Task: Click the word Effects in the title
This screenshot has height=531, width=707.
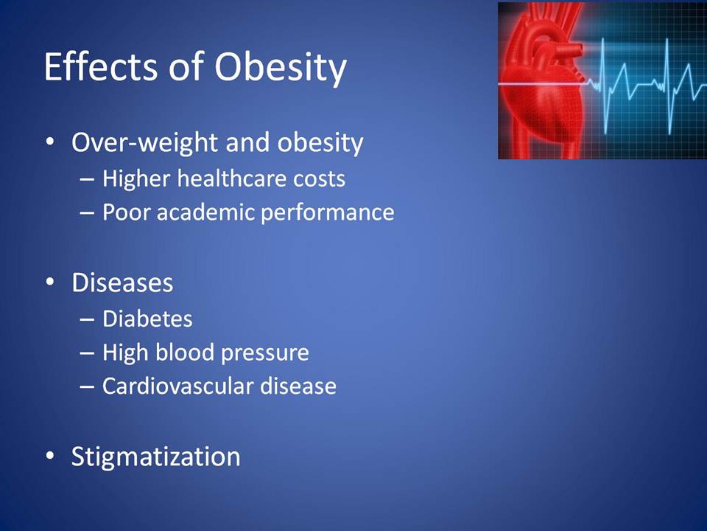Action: (x=101, y=67)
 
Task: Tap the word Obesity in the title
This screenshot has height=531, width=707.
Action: (x=281, y=68)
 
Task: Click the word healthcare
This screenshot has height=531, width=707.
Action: (x=231, y=178)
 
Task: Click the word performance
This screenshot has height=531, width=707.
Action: (x=327, y=212)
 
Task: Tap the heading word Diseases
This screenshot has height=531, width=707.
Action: (x=122, y=282)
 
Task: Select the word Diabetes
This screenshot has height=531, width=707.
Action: (x=147, y=319)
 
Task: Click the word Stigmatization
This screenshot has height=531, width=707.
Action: (x=155, y=457)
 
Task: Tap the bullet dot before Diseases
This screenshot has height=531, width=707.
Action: (x=50, y=282)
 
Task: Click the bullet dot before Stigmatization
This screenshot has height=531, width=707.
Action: (x=50, y=456)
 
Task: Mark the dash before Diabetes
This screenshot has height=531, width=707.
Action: (x=87, y=319)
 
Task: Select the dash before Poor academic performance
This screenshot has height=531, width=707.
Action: (x=87, y=212)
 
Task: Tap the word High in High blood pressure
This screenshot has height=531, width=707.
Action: (x=126, y=353)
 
